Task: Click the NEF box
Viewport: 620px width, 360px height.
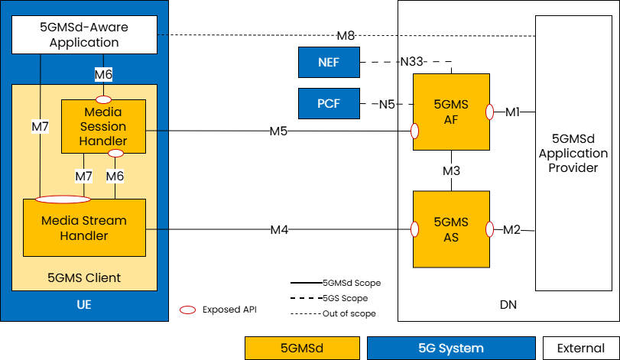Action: click(x=329, y=62)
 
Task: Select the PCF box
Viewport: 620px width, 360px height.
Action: click(x=329, y=104)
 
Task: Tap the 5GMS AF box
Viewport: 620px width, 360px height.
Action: click(x=451, y=112)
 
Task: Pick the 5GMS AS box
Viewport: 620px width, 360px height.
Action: click(x=451, y=229)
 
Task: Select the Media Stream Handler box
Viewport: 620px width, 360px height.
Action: click(x=84, y=228)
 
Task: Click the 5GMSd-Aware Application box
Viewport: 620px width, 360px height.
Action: click(x=84, y=35)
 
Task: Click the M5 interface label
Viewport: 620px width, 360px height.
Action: click(x=278, y=131)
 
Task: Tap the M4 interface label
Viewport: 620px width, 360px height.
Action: click(x=278, y=229)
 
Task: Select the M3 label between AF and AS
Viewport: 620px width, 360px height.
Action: click(x=451, y=170)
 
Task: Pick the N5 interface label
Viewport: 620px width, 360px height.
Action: click(x=387, y=104)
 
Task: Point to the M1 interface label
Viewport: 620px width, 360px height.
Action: click(x=512, y=112)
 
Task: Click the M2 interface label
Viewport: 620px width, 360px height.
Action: click(x=512, y=229)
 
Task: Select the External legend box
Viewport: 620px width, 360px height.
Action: click(x=580, y=348)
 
